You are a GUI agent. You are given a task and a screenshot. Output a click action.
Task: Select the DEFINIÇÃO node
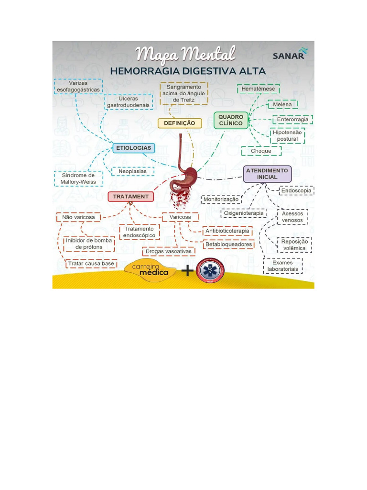pyautogui.click(x=180, y=123)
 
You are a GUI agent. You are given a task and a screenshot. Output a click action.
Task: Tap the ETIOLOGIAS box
pyautogui.click(x=134, y=148)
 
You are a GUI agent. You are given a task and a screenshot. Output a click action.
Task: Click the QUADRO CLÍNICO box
pyautogui.click(x=231, y=120)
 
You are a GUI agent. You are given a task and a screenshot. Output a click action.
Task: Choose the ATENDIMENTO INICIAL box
pyautogui.click(x=267, y=174)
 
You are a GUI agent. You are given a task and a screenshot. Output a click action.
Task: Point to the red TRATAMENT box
pyautogui.click(x=130, y=197)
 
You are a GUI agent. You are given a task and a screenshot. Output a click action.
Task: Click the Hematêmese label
pyautogui.click(x=258, y=89)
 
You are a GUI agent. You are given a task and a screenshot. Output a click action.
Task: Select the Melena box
pyautogui.click(x=282, y=105)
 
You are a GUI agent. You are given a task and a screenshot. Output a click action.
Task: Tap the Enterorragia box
pyautogui.click(x=292, y=120)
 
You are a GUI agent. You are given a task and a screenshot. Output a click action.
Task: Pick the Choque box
pyautogui.click(x=261, y=151)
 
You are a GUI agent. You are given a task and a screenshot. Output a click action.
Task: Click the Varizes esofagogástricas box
pyautogui.click(x=78, y=87)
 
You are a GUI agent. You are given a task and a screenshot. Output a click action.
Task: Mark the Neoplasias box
pyautogui.click(x=132, y=171)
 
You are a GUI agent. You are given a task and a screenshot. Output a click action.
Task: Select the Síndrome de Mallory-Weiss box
pyautogui.click(x=78, y=179)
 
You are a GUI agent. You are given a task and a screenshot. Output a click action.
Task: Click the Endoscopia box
pyautogui.click(x=296, y=190)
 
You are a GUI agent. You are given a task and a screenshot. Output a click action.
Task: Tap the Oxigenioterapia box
pyautogui.click(x=244, y=213)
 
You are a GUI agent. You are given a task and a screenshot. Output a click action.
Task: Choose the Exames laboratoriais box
pyautogui.click(x=282, y=266)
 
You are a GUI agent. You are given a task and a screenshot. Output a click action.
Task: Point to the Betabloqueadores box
pyautogui.click(x=228, y=245)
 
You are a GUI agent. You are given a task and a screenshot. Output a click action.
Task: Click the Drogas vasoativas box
pyautogui.click(x=168, y=252)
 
